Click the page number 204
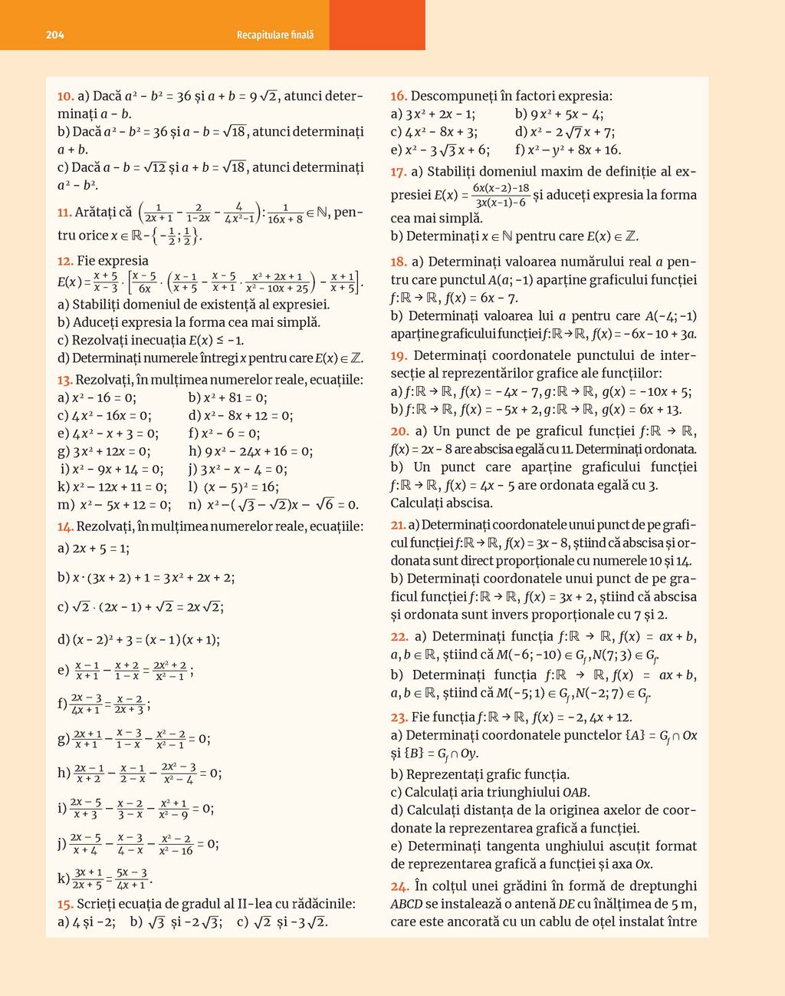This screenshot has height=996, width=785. [x=55, y=35]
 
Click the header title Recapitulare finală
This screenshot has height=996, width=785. [x=275, y=35]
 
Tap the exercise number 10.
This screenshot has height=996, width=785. [x=65, y=97]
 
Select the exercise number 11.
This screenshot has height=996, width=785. [x=64, y=213]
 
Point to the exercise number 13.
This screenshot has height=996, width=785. [x=64, y=380]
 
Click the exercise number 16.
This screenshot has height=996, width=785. [x=398, y=96]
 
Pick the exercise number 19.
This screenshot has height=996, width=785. [x=398, y=355]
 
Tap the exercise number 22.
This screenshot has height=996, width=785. [x=399, y=636]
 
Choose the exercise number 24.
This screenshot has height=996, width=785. [x=399, y=886]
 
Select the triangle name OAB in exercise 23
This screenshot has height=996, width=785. [x=576, y=792]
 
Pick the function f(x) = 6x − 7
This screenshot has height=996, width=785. [x=495, y=298]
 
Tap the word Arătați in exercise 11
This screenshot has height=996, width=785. [x=103, y=213]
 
